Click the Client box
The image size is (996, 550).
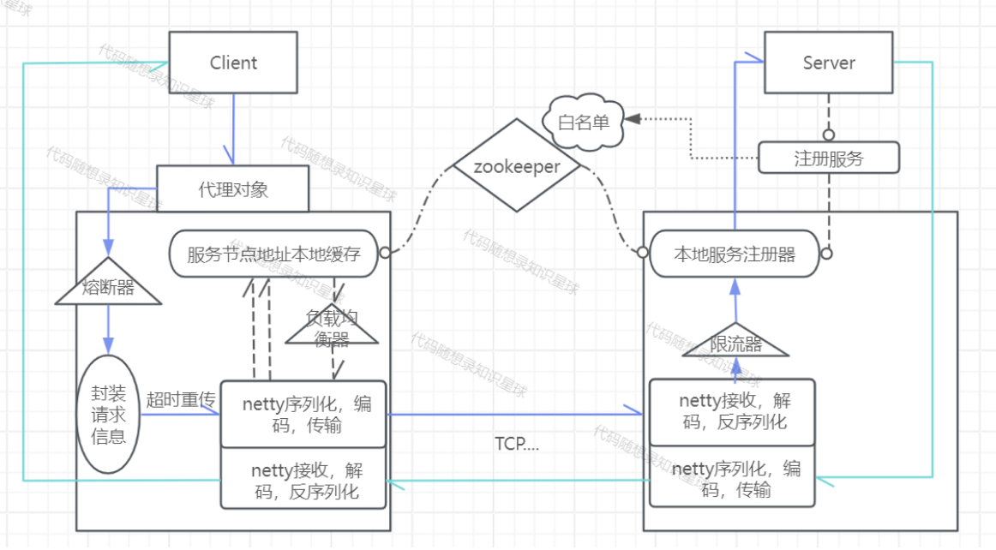coord(233,63)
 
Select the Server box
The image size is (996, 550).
coord(829,63)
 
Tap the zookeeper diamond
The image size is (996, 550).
coord(517,167)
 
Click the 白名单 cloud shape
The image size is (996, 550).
coord(583,122)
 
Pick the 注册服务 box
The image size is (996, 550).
coord(829,158)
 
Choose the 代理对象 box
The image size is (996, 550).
coord(232,188)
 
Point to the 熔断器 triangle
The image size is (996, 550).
coord(108,284)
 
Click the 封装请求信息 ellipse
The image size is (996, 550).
coord(108,415)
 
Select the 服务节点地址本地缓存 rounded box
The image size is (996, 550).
coord(273,254)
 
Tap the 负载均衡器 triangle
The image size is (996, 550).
coord(333,329)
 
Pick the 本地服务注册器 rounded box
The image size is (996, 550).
coord(735,254)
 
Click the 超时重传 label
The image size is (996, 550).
coord(180,399)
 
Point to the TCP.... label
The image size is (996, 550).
coord(517,443)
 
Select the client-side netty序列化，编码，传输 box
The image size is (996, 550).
coord(305,415)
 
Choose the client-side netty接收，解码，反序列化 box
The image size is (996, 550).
coord(305,480)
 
